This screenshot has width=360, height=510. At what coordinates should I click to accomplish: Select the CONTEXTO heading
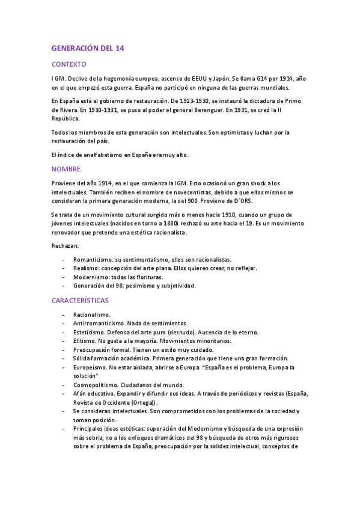[69, 64]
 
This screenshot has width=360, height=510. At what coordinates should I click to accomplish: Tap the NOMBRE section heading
[66, 169]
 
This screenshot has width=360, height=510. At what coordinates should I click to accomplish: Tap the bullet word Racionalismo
[91, 314]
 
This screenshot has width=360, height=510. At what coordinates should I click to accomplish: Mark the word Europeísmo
[90, 367]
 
